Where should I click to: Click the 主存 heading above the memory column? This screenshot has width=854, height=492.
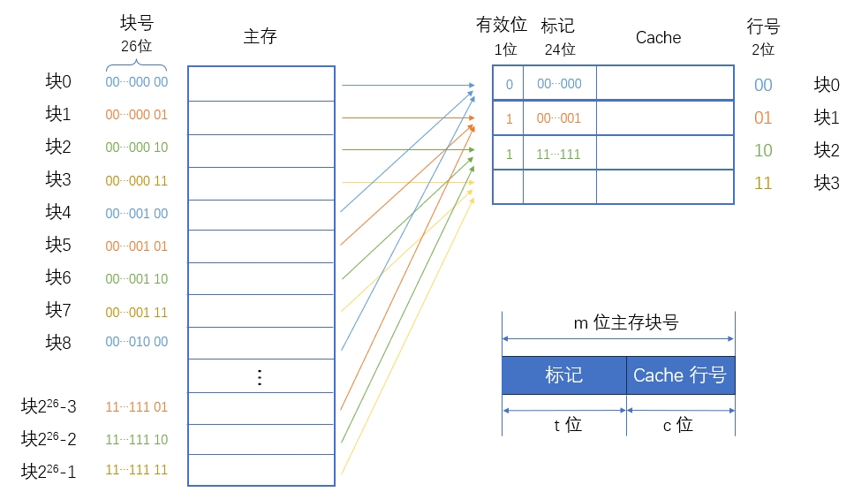(x=261, y=37)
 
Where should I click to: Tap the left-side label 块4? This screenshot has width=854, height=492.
(x=58, y=212)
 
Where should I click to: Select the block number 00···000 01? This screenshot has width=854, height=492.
(x=136, y=115)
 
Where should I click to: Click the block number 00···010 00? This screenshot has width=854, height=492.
(x=136, y=343)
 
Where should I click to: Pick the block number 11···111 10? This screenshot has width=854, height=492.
(x=136, y=440)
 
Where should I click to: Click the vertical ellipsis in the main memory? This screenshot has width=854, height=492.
(x=260, y=378)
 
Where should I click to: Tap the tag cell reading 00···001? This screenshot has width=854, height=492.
(x=559, y=118)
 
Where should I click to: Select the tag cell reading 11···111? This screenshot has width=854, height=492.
(x=559, y=154)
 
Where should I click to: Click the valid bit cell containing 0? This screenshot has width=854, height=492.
(x=509, y=85)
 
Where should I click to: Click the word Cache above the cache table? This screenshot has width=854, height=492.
(x=658, y=37)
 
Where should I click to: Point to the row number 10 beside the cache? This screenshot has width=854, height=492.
(x=763, y=151)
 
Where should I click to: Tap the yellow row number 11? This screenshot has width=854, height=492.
(x=763, y=184)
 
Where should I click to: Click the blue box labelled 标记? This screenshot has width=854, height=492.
(x=563, y=375)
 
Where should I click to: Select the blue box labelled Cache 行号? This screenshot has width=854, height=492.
(x=680, y=375)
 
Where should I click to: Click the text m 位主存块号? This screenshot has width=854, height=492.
(x=626, y=323)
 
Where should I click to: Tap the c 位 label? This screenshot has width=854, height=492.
(x=678, y=425)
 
